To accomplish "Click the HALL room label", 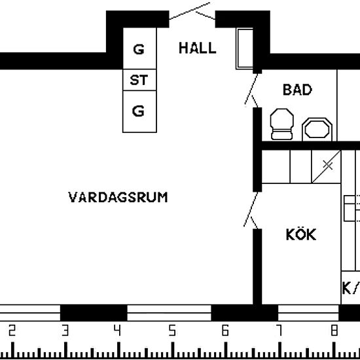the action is tap(198, 48).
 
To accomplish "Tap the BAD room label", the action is tap(297, 90).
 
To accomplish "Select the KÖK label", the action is tap(301, 234).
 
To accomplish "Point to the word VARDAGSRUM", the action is tap(118, 197).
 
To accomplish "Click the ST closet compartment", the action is tap(139, 80).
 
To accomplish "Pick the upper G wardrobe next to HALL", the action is tap(139, 48).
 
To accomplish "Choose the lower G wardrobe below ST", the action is tap(139, 111).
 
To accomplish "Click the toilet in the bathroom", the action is tap(281, 124).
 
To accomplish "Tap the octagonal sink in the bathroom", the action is tap(317, 130).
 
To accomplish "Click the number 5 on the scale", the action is tap(172, 331).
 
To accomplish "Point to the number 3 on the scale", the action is tap(65, 331).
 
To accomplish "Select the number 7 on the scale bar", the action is tap(279, 331).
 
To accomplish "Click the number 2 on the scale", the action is tap(12, 331).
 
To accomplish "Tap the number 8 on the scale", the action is tap(334, 331).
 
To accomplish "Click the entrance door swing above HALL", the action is tap(192, 11).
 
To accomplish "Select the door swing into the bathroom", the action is tap(251, 90).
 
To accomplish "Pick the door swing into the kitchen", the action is tap(251, 210).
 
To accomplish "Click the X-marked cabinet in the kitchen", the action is tap(326, 167).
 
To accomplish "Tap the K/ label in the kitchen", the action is tap(351, 288).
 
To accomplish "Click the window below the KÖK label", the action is tap(308, 313).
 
